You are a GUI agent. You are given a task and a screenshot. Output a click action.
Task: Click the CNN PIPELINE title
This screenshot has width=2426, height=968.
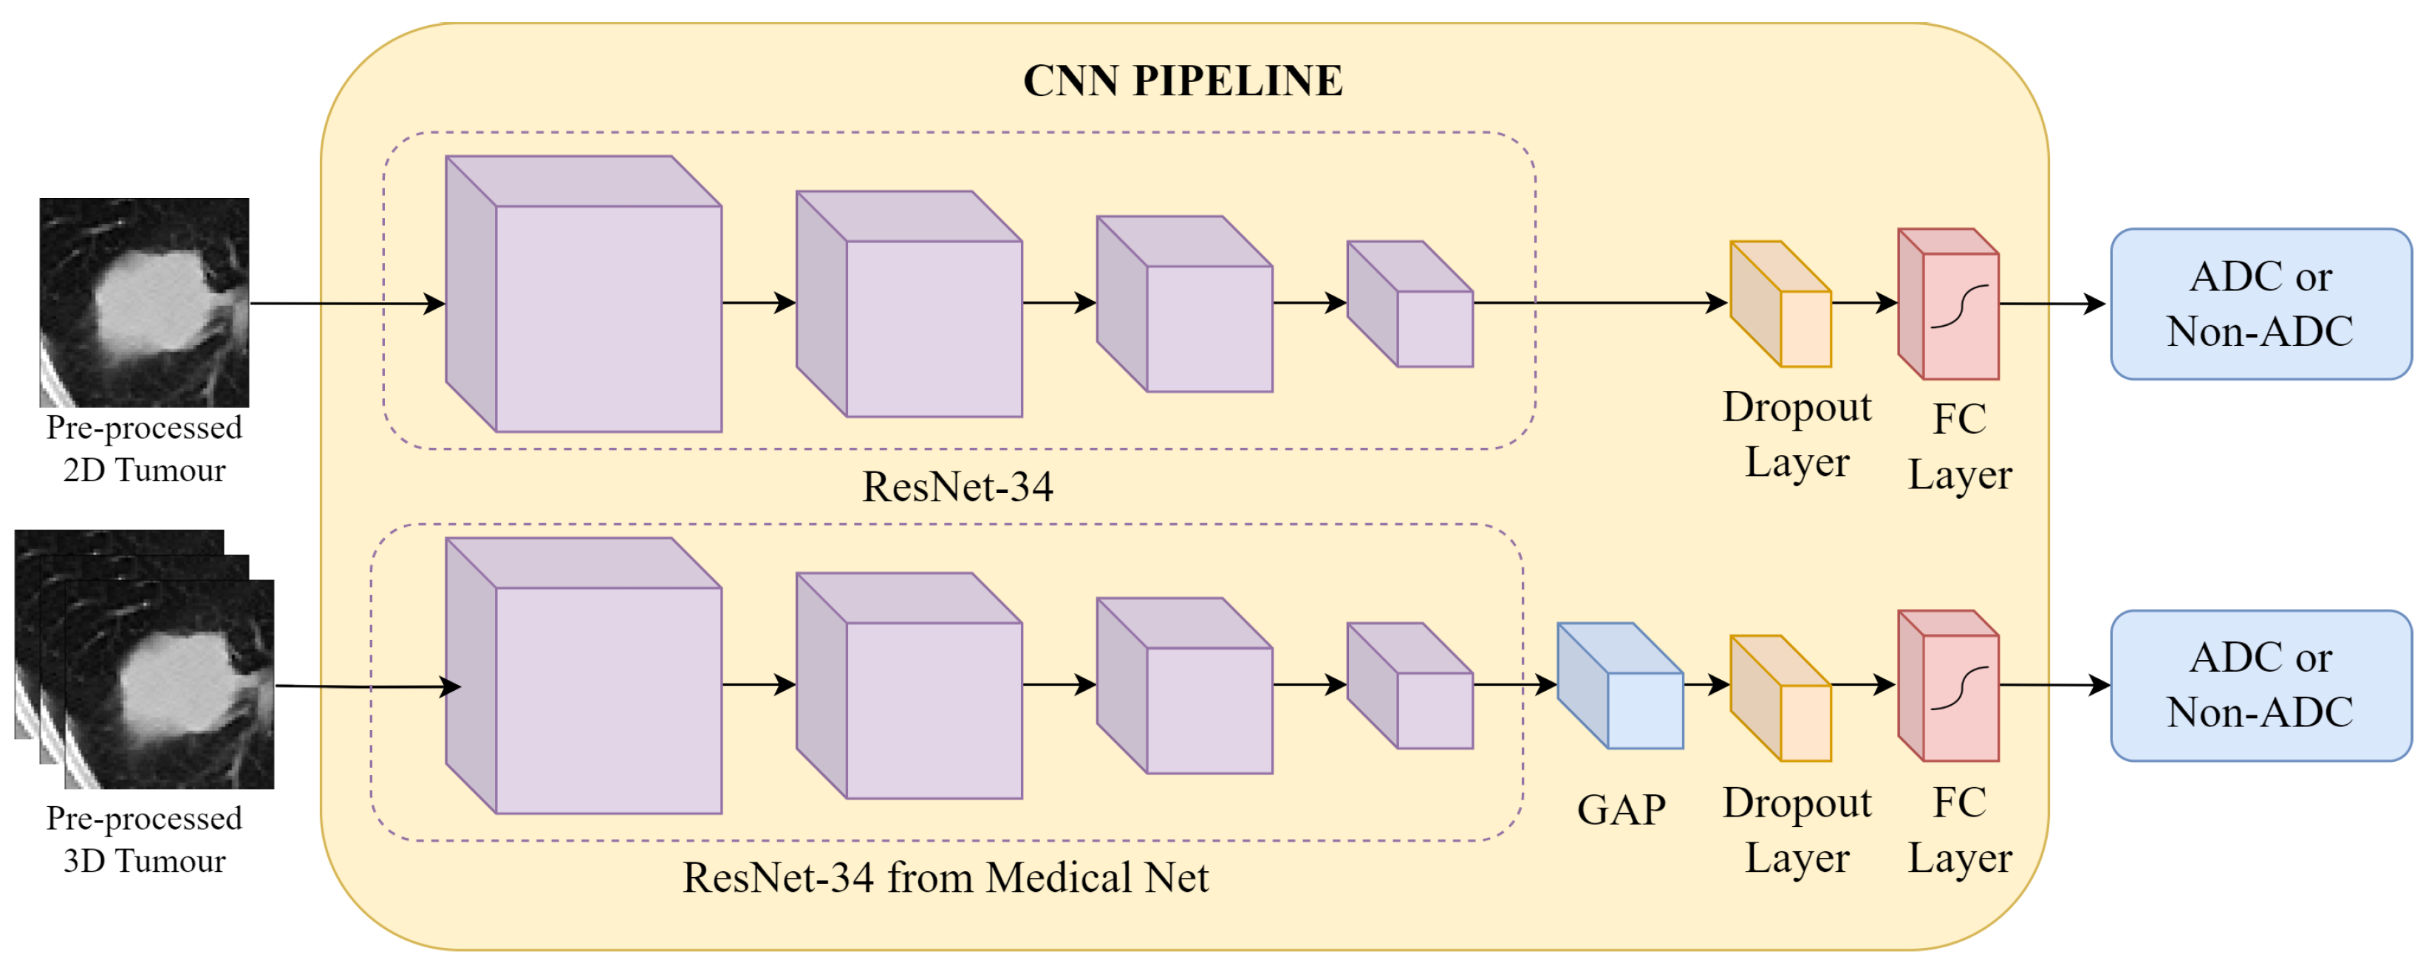point(1182,81)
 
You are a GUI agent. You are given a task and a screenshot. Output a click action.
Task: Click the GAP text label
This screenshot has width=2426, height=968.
point(1621,810)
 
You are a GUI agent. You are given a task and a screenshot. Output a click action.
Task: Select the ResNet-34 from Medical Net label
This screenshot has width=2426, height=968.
point(945,878)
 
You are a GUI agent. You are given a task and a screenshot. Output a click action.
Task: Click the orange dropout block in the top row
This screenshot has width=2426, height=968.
point(1782,305)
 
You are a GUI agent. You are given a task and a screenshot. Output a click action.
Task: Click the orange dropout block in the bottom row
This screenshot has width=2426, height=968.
point(1782,700)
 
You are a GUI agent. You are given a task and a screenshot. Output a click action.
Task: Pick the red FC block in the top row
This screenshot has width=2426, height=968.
point(1950,305)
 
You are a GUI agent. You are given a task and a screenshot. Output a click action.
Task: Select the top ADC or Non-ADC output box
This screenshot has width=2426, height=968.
point(2261,304)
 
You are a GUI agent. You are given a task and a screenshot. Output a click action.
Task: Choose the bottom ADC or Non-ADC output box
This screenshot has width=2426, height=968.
point(2261,686)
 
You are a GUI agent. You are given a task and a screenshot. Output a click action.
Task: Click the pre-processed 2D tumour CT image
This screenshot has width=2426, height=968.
point(144,302)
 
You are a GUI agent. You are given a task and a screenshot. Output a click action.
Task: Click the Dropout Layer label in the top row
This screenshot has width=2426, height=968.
point(1797,434)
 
